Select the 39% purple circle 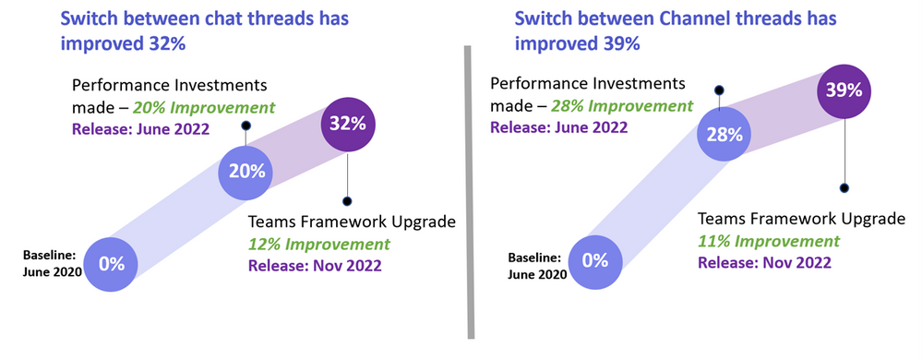pyautogui.click(x=844, y=90)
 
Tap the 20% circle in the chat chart pyautogui.click(x=245, y=171)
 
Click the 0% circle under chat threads pyautogui.click(x=111, y=263)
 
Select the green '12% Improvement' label pyautogui.click(x=306, y=245)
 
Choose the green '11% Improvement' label pyautogui.click(x=769, y=241)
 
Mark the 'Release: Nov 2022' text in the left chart pyautogui.click(x=315, y=267)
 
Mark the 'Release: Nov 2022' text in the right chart pyautogui.click(x=764, y=262)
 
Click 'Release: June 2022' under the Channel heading pyautogui.click(x=557, y=126)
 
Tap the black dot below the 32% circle pyautogui.click(x=347, y=200)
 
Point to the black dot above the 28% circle pyautogui.click(x=720, y=90)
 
